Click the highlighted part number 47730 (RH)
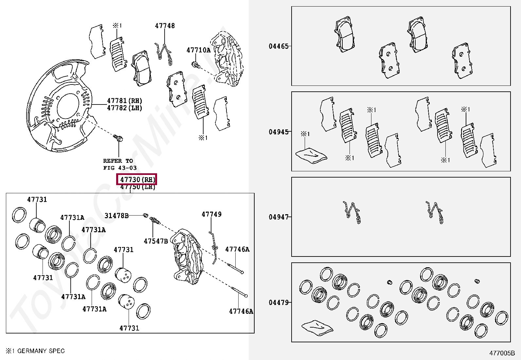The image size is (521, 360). coord(137,180)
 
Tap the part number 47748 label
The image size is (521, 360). coord(165,26)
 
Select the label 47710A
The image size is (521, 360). coord(198,50)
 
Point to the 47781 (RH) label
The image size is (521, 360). coord(124,101)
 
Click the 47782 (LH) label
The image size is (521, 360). coord(124,108)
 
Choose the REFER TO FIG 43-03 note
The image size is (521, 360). coord(119,164)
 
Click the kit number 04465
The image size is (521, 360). coord(278,46)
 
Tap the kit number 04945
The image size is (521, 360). coord(278,132)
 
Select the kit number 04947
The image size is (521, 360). coord(278,217)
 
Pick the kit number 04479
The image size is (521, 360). coord(278,302)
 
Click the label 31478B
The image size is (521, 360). coord(117,216)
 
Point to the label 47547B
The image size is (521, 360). coord(156,241)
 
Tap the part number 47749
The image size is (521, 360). coord(211,214)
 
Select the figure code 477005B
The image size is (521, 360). coord(502,353)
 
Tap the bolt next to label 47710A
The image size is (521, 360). coord(196,65)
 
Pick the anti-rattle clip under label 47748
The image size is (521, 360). coord(165,52)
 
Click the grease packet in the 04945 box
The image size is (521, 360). coord(311,155)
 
